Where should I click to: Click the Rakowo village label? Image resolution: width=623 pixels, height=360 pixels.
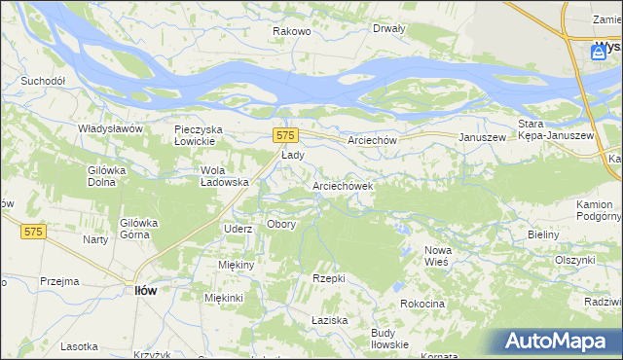tap(291, 31)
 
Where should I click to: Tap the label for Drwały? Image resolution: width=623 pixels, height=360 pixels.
tap(388, 28)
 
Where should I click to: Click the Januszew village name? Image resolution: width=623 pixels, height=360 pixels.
tap(483, 138)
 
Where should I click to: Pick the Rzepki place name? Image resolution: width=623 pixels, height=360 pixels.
tap(329, 278)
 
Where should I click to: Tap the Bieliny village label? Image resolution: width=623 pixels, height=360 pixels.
tap(542, 235)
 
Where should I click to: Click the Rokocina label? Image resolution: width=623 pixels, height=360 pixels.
tap(421, 305)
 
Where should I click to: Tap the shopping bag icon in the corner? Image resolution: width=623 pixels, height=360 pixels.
tap(600, 53)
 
